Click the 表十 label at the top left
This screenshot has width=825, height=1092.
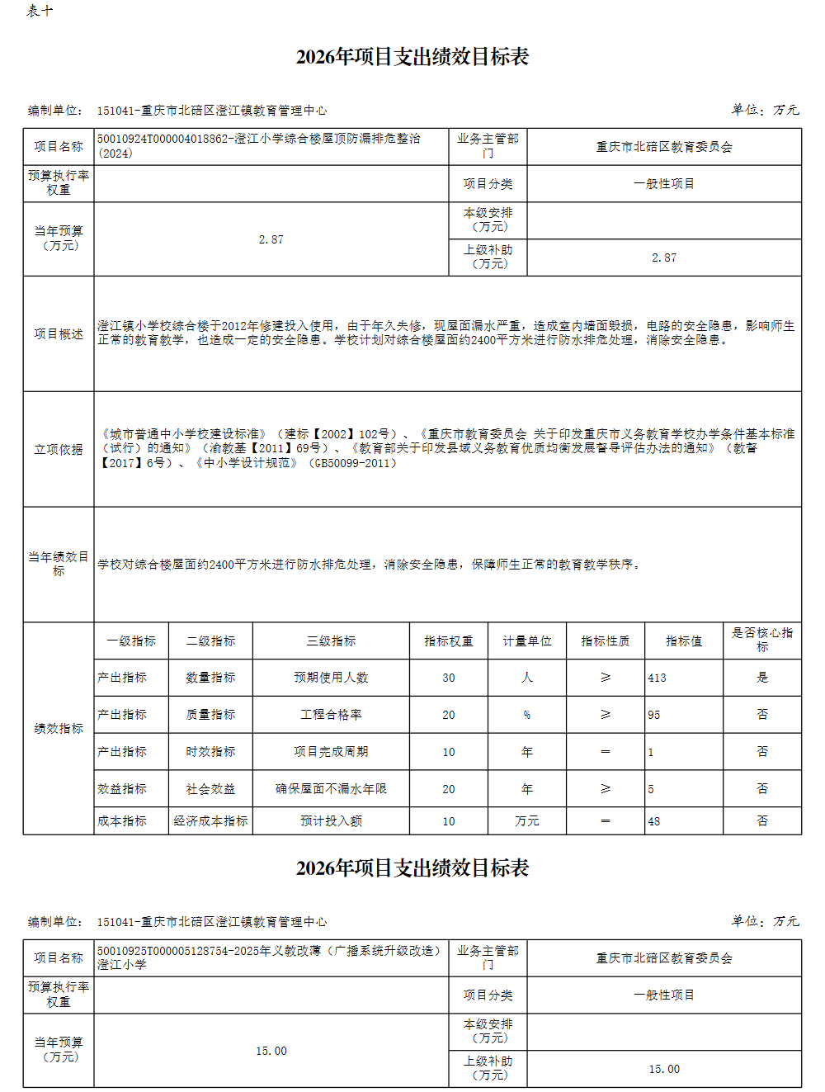[40, 11]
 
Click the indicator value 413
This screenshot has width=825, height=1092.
[658, 678]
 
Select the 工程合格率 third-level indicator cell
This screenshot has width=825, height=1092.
[331, 715]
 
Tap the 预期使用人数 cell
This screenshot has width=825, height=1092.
[331, 678]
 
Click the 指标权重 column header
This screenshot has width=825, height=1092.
[449, 641]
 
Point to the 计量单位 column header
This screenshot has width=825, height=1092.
[527, 641]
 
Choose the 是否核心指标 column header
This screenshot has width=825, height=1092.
[761, 640]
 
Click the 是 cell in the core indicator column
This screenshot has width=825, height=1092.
[762, 678]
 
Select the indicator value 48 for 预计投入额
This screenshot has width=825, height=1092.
[654, 821]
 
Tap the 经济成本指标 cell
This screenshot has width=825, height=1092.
[210, 821]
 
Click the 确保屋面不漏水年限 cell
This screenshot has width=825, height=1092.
[331, 789]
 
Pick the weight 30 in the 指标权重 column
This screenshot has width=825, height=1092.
[449, 678]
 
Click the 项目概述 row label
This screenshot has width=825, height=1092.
[59, 334]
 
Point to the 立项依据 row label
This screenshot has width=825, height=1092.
[59, 450]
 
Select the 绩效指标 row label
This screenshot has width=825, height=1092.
[59, 729]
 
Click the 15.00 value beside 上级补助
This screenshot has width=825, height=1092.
[664, 1069]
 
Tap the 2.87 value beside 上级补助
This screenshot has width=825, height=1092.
[664, 258]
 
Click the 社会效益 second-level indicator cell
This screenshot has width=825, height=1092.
[210, 789]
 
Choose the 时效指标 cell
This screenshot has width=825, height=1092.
[210, 752]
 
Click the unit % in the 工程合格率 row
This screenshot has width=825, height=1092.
[527, 715]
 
